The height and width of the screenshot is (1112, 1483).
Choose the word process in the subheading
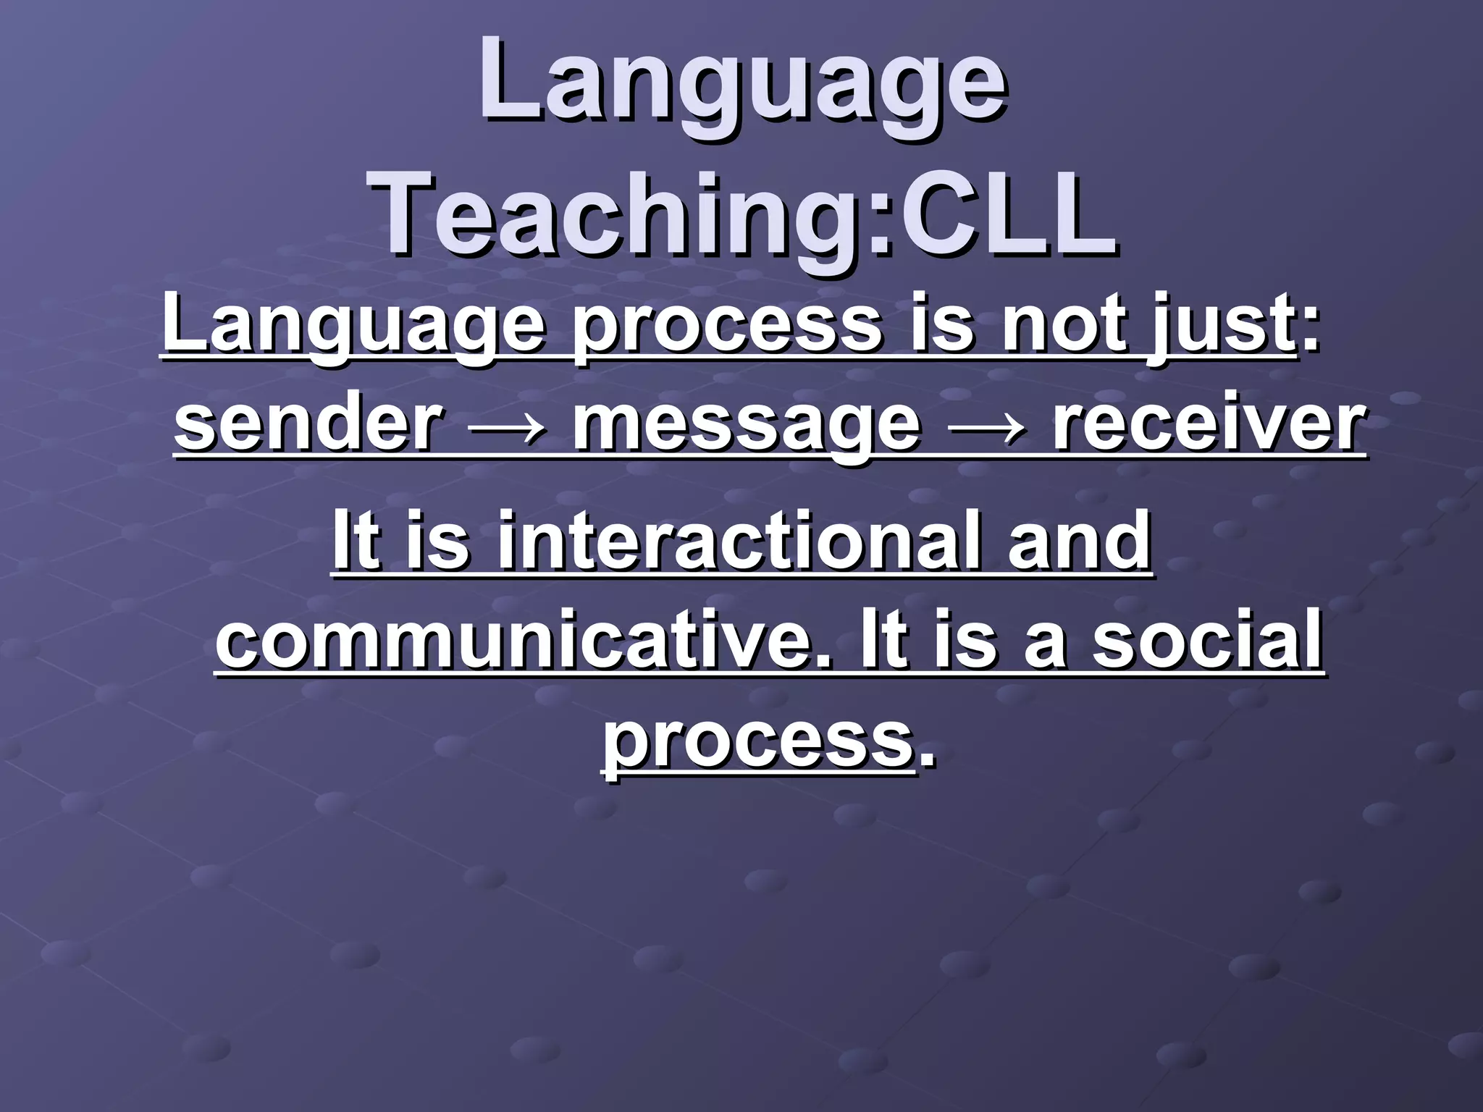724,327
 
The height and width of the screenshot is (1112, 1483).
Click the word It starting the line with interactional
356,542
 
